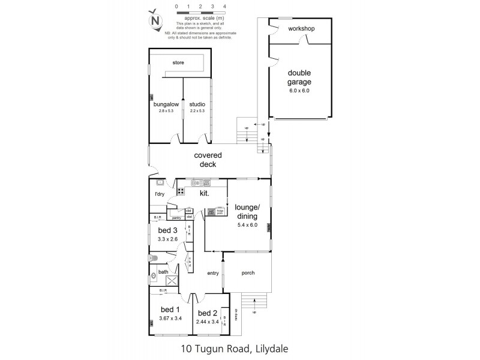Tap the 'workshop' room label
pyautogui.click(x=301, y=29)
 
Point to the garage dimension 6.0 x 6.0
pyautogui.click(x=299, y=91)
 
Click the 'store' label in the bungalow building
pyautogui.click(x=178, y=62)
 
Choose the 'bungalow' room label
pyautogui.click(x=163, y=104)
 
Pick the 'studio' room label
pyautogui.click(x=197, y=104)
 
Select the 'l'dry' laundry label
pyautogui.click(x=160, y=194)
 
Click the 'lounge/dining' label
pyautogui.click(x=248, y=212)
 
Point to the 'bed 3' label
pyautogui.click(x=167, y=230)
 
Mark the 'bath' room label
pyautogui.click(x=163, y=272)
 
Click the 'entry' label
pyautogui.click(x=213, y=273)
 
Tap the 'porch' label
pyautogui.click(x=247, y=273)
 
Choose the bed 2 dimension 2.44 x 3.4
pyautogui.click(x=207, y=323)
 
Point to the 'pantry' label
pyautogui.click(x=176, y=218)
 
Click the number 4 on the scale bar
pyautogui.click(x=224, y=6)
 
